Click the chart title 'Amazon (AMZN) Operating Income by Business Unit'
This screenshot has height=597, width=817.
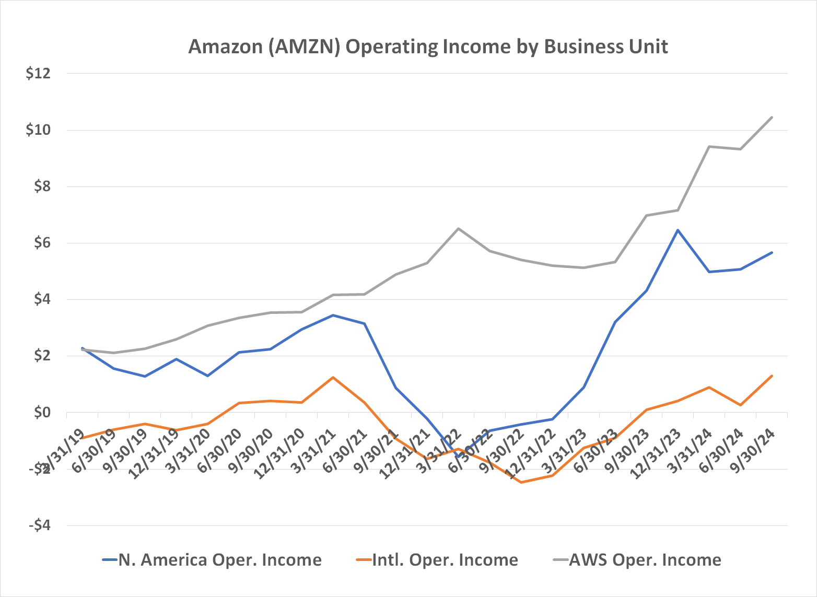pos(428,46)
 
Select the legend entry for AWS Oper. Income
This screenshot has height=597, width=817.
pos(645,560)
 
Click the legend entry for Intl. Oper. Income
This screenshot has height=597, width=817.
pos(445,560)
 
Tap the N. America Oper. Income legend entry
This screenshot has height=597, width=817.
pos(220,560)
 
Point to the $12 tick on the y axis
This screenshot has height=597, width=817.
pos(38,74)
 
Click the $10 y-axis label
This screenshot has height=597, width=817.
pos(38,130)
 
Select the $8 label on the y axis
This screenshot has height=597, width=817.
pos(42,186)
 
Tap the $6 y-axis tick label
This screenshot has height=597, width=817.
pos(42,243)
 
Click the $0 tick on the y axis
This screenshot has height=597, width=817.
pos(42,413)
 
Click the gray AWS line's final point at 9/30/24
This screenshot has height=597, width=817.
pos(772,117)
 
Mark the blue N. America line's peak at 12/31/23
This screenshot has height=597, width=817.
pos(678,230)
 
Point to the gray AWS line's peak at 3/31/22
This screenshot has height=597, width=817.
pos(459,228)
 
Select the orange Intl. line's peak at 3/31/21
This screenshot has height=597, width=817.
pos(333,377)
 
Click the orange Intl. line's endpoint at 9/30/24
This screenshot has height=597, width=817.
pos(772,376)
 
